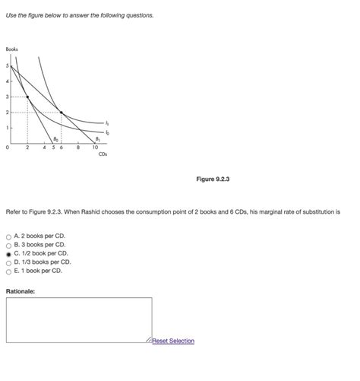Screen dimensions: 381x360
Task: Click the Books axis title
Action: pyautogui.click(x=11, y=49)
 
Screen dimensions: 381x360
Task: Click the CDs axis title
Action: pyautogui.click(x=103, y=154)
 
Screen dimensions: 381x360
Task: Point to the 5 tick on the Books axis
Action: pyautogui.click(x=8, y=65)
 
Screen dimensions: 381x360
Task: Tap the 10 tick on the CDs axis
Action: pyautogui.click(x=95, y=148)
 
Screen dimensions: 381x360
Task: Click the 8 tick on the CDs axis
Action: pyautogui.click(x=78, y=148)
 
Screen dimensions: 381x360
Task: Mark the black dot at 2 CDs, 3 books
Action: pyautogui.click(x=28, y=97)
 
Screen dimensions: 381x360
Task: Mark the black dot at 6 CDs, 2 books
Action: pyautogui.click(x=62, y=113)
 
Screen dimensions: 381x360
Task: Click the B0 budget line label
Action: pyautogui.click(x=66, y=139)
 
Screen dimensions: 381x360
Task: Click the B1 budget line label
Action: pyautogui.click(x=96, y=139)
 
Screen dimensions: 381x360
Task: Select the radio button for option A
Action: pyautogui.click(x=8, y=237)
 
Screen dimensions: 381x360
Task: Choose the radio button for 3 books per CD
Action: pyautogui.click(x=8, y=245)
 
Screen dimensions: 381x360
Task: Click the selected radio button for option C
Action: pyautogui.click(x=8, y=253)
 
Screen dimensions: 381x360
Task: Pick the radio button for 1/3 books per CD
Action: pyautogui.click(x=8, y=262)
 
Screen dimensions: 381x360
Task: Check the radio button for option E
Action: pyautogui.click(x=8, y=270)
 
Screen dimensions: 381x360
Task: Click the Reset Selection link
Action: pyautogui.click(x=173, y=341)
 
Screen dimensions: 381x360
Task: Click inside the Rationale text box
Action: pyautogui.click(x=79, y=319)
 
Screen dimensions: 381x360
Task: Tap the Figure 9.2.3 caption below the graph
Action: pyautogui.click(x=213, y=179)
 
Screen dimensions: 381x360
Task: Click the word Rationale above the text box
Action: pyautogui.click(x=21, y=291)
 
